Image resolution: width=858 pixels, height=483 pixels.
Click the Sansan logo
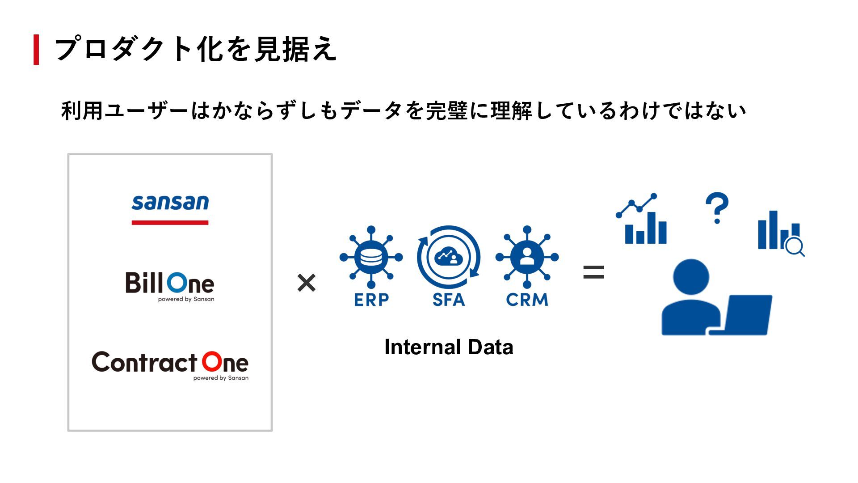(170, 203)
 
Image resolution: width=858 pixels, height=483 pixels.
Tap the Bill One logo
(170, 285)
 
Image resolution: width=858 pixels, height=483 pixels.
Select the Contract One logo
(170, 364)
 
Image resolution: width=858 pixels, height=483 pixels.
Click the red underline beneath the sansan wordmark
(170, 222)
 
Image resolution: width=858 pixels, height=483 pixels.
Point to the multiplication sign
(307, 283)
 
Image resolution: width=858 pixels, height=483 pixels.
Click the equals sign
(593, 272)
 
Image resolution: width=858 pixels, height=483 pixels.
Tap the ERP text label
(371, 300)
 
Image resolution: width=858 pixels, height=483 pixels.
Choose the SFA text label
(449, 300)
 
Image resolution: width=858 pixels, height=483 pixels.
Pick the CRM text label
(527, 300)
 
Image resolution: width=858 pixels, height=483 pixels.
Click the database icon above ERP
(371, 257)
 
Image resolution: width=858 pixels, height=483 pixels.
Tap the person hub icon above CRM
(527, 257)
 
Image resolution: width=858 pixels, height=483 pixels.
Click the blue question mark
(717, 208)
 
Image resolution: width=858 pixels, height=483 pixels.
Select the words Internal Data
(449, 347)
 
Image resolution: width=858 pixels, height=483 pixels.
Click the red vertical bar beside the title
(36, 50)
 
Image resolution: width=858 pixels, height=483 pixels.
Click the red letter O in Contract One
(212, 362)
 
